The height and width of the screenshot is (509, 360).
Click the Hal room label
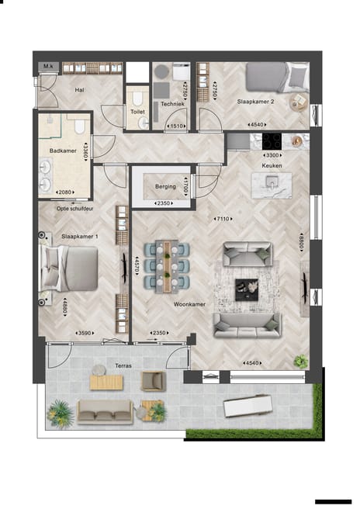tap(79, 90)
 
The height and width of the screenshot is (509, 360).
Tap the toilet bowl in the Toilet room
tap(137, 99)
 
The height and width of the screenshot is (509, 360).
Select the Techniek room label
tap(172, 104)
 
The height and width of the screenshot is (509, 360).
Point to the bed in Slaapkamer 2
tap(267, 78)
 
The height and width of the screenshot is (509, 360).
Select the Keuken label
tap(272, 165)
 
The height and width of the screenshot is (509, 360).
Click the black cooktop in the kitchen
tap(272, 141)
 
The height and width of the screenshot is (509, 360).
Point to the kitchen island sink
tap(271, 183)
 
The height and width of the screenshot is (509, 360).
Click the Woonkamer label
tap(189, 304)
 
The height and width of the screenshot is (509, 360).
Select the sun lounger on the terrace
tap(247, 406)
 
